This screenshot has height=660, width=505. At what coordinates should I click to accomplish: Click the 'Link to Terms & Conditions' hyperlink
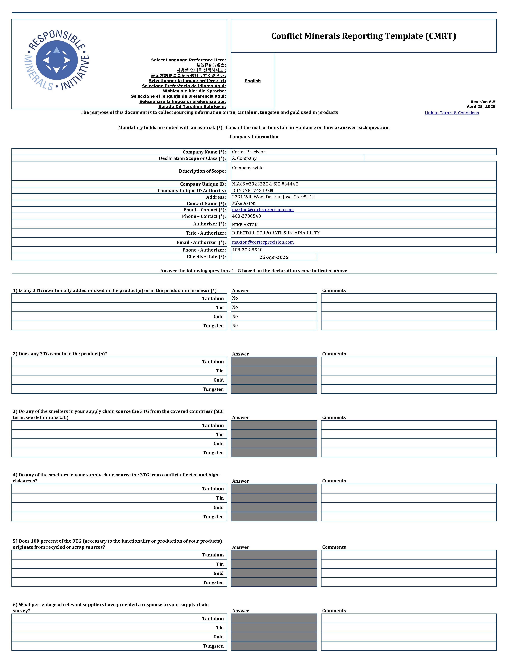point(452,113)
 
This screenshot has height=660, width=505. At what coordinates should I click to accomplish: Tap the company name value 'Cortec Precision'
point(249,152)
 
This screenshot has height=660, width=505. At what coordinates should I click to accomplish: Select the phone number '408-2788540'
point(247,216)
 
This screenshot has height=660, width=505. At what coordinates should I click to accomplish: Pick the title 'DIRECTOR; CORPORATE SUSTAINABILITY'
point(276,233)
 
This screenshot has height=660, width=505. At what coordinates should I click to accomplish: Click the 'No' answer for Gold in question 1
point(235,317)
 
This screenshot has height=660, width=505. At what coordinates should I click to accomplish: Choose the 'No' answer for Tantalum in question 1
point(235,298)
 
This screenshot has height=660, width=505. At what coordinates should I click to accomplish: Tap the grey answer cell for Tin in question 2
point(274,371)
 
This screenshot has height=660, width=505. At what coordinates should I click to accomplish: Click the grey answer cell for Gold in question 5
point(274,573)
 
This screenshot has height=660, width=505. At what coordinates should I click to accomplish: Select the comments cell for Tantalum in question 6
point(408,619)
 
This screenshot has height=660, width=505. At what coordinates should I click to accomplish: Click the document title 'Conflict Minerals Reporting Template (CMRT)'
point(363,36)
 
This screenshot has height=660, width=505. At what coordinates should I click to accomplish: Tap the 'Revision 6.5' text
point(483,102)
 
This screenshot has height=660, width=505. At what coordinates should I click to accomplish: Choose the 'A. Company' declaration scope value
point(244,158)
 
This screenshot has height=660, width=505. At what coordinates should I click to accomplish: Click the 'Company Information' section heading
point(254,137)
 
